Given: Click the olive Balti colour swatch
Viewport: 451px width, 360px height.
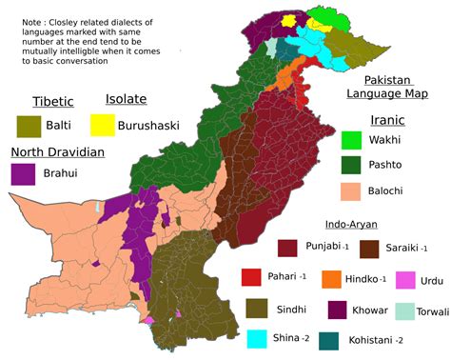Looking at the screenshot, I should pyautogui.click(x=28, y=125).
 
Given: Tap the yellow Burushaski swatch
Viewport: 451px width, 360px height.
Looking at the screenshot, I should pyautogui.click(x=102, y=124).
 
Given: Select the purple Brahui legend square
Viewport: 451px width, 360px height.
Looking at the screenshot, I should pyautogui.click(x=23, y=174).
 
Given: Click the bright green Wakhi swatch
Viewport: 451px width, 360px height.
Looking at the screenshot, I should pyautogui.click(x=352, y=140).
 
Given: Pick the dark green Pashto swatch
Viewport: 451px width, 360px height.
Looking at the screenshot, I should pyautogui.click(x=352, y=165).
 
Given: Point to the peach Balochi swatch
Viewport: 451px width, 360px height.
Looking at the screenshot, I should pyautogui.click(x=352, y=190).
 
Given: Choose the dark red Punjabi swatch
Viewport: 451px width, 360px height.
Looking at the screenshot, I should pyautogui.click(x=288, y=248).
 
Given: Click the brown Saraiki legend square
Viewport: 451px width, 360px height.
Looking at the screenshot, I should pyautogui.click(x=369, y=248).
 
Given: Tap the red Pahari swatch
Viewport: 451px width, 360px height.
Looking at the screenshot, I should pyautogui.click(x=251, y=277).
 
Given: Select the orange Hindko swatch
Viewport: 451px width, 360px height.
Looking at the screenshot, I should pyautogui.click(x=332, y=278).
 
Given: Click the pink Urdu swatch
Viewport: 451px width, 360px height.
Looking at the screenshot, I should pyautogui.click(x=406, y=280).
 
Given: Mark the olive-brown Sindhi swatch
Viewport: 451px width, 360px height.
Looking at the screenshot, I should pyautogui.click(x=256, y=309).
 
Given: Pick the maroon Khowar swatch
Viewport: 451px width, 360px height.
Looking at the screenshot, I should pyautogui.click(x=338, y=310).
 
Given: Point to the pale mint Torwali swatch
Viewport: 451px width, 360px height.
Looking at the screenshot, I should pyautogui.click(x=405, y=310).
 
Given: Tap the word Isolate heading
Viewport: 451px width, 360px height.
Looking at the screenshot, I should pyautogui.click(x=126, y=99).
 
